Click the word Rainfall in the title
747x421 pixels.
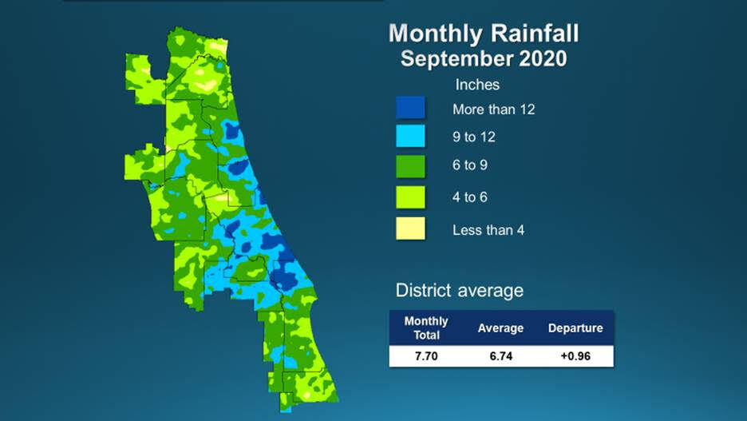[x=535, y=34]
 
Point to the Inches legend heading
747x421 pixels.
[x=477, y=85]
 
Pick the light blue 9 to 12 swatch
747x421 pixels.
[x=411, y=137]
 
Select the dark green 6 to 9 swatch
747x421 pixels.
[x=411, y=167]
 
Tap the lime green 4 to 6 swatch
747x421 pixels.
[x=411, y=197]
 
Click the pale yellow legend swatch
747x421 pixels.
[x=411, y=229]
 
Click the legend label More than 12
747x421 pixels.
[x=493, y=109]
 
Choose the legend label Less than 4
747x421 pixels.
[x=488, y=230]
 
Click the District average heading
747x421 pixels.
[x=460, y=289]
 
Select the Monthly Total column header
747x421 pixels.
[x=426, y=328]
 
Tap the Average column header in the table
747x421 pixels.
[x=500, y=328]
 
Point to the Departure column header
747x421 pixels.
[x=575, y=328]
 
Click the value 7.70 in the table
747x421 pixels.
[x=426, y=356]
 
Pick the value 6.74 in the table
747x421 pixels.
[x=500, y=356]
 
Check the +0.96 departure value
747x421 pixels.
[x=575, y=356]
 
